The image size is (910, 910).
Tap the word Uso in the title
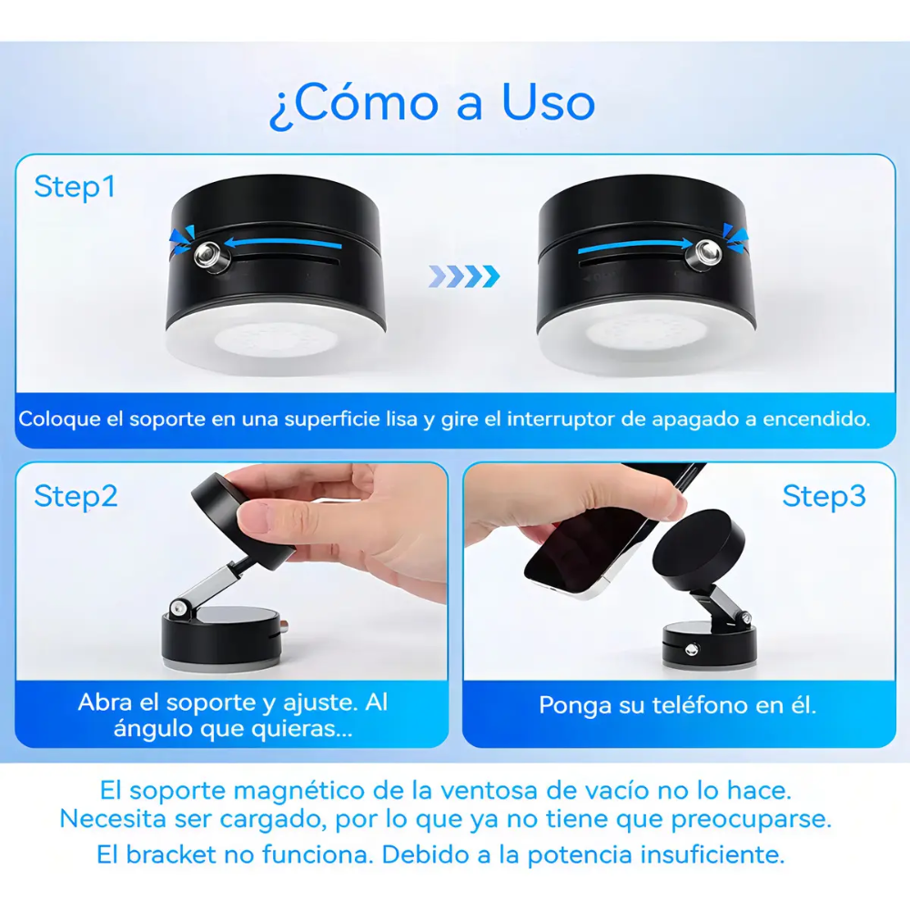coord(549,102)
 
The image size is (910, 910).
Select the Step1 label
coord(75,187)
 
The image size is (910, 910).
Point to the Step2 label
coord(76,496)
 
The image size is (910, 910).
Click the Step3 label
coord(824,496)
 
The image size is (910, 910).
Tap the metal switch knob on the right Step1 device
coord(704,254)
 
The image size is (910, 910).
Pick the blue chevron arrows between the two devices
coord(464,277)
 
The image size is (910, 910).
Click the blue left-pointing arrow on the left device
coord(283,243)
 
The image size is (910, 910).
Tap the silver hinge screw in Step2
coord(177,608)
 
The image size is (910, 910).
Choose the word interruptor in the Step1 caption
coord(559,419)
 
